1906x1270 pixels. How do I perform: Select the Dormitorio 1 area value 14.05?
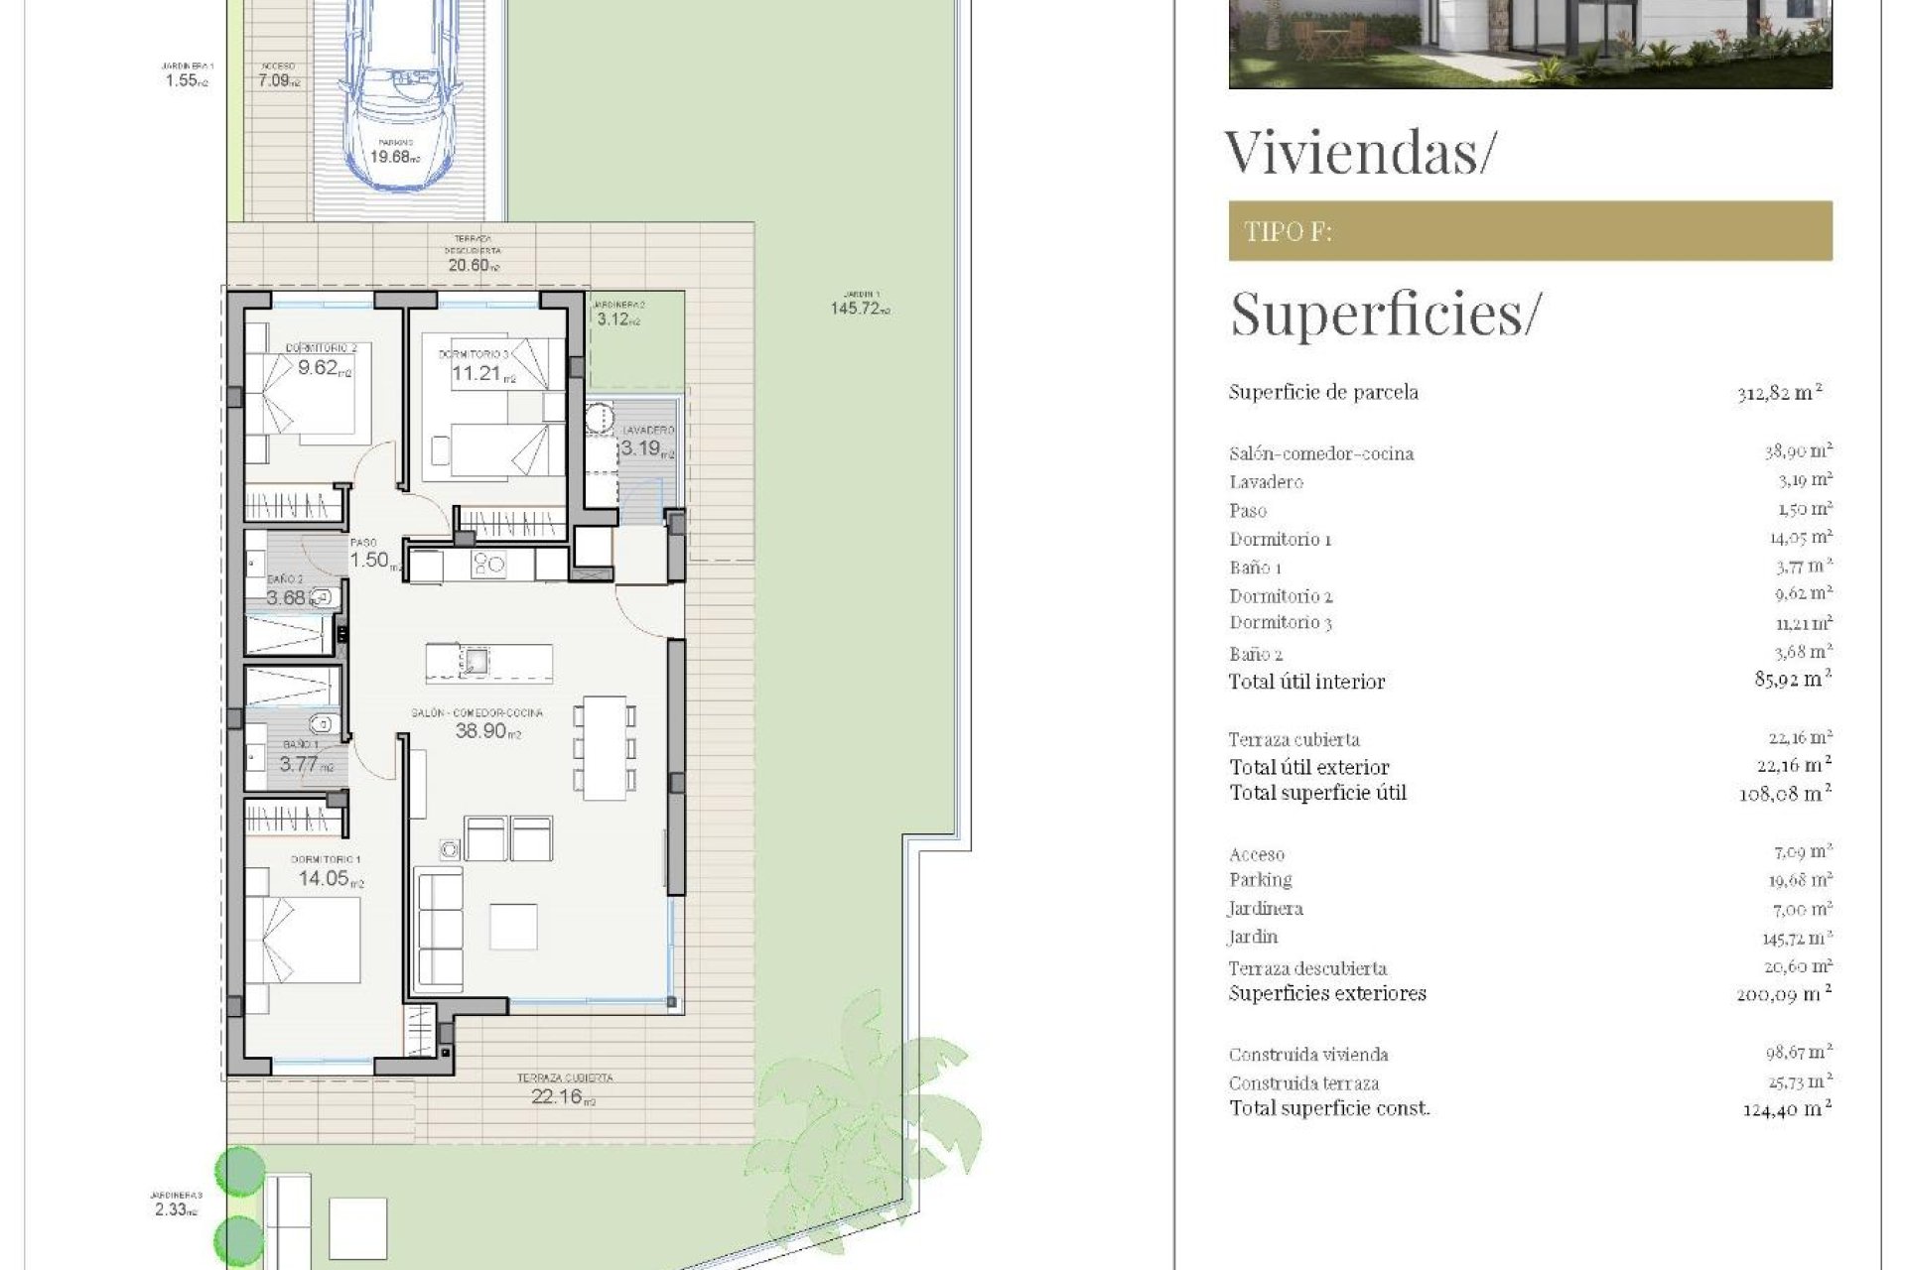pyautogui.click(x=326, y=878)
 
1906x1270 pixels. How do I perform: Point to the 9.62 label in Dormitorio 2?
pyautogui.click(x=320, y=368)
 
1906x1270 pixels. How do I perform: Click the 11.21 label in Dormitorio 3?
pyautogui.click(x=478, y=374)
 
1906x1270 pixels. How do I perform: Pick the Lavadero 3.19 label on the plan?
pyautogui.click(x=643, y=448)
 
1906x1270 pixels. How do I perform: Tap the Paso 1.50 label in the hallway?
pyautogui.click(x=369, y=560)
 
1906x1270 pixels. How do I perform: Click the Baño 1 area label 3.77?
pyautogui.click(x=300, y=764)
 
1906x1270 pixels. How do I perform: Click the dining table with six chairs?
pyautogui.click(x=605, y=747)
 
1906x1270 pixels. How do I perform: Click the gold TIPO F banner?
pyautogui.click(x=1530, y=231)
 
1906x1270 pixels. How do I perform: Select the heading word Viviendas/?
pyautogui.click(x=1359, y=153)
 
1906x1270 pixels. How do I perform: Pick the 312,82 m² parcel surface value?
pyautogui.click(x=1780, y=392)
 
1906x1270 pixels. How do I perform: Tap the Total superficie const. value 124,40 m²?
pyautogui.click(x=1787, y=1108)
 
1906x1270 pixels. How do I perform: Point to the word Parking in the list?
pyautogui.click(x=1260, y=880)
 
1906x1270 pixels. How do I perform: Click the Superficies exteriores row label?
pyautogui.click(x=1327, y=993)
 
